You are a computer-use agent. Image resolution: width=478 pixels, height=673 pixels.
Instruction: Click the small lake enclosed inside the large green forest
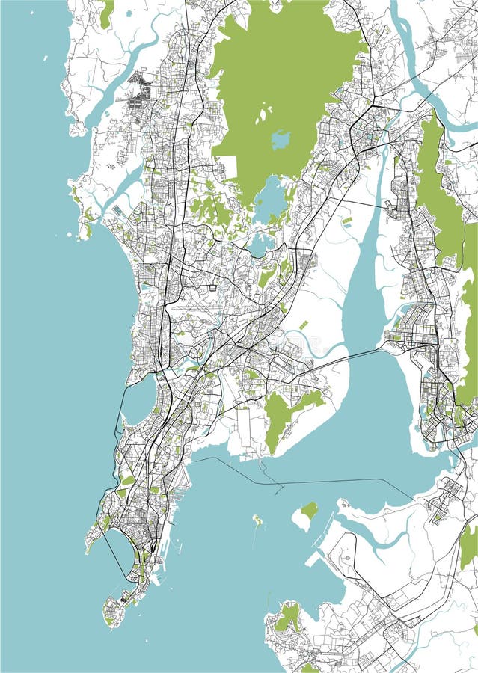point(281,139)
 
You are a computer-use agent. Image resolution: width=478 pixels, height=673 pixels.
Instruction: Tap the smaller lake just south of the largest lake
point(261,243)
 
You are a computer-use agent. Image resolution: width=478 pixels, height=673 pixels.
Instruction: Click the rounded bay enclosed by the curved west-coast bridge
point(138,400)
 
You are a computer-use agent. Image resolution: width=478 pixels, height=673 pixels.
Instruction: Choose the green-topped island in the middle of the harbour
point(305,514)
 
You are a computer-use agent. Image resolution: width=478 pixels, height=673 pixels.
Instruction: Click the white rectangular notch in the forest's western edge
point(227,167)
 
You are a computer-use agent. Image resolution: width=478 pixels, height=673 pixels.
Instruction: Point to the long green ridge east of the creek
point(441,194)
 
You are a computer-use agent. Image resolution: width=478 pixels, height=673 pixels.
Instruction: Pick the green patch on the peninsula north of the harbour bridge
point(278,415)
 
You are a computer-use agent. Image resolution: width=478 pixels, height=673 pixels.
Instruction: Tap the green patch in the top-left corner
point(106,13)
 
